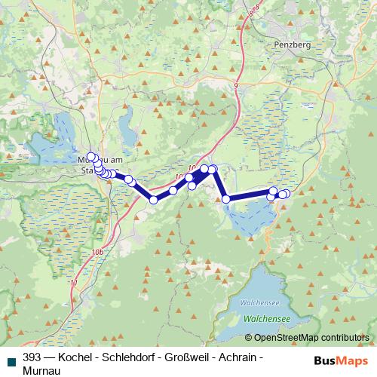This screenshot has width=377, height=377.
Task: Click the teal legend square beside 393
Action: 11,360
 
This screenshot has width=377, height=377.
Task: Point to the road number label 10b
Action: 95,252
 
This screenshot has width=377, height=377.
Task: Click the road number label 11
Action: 74,282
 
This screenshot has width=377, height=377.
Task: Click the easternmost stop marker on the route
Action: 286,194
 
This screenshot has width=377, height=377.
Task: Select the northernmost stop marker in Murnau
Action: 91,157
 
